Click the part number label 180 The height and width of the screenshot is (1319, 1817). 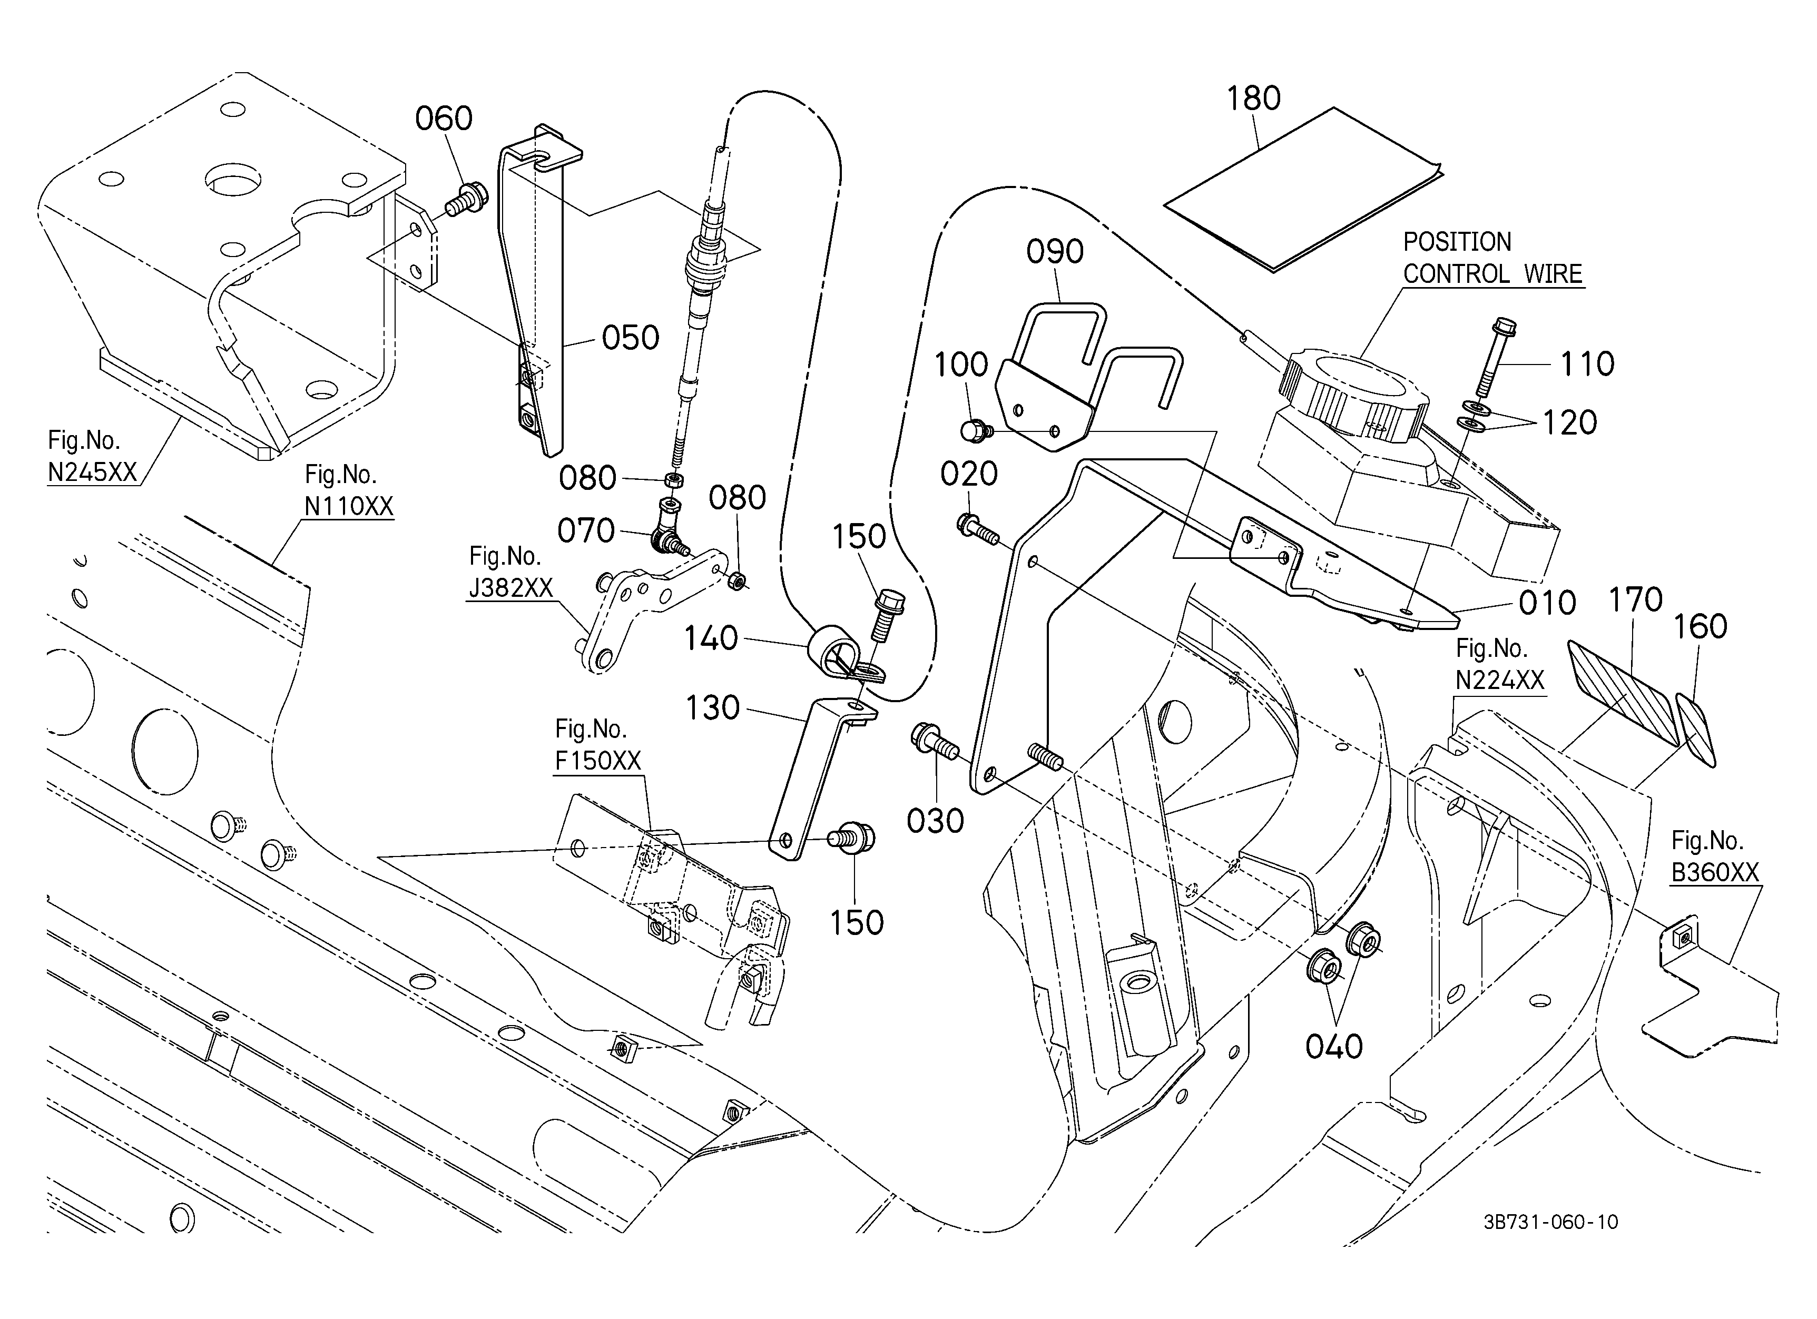(1254, 99)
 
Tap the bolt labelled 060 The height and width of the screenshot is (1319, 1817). (464, 198)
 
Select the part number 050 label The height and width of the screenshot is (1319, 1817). (631, 338)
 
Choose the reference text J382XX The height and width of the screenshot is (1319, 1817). (510, 588)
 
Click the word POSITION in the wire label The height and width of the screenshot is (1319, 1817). (1457, 242)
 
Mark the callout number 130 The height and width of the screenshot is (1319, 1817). (713, 708)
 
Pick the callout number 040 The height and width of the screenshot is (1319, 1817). (1334, 1047)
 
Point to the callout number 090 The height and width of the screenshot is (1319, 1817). (1055, 251)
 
